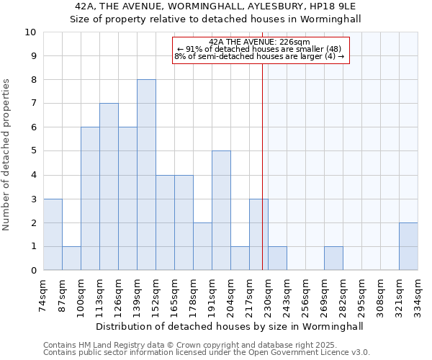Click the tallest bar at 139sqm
[x=146, y=175]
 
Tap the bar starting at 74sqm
[x=53, y=235]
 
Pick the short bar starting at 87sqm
[x=71, y=258]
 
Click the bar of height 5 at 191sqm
[x=221, y=211]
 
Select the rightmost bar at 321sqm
[x=408, y=247]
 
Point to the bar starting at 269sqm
[x=333, y=258]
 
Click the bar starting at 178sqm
[x=202, y=247]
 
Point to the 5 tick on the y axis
[x=33, y=151]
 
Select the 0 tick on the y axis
[x=33, y=271]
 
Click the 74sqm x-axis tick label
[x=44, y=294]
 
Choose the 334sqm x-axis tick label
[x=418, y=296]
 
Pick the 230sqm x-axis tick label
[x=269, y=296]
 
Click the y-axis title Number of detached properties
[x=7, y=155]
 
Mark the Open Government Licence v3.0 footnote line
[x=207, y=353]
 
